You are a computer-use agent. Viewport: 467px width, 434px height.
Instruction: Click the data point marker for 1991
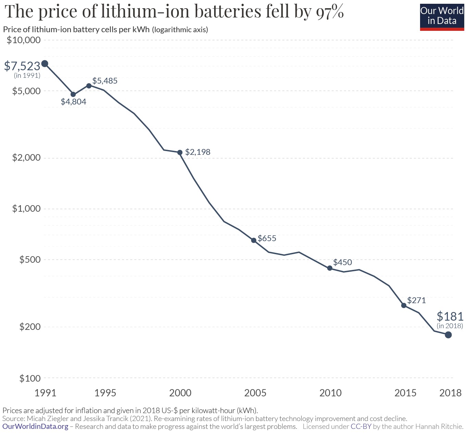pos(45,64)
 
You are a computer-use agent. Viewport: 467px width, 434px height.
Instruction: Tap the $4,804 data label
pos(73,102)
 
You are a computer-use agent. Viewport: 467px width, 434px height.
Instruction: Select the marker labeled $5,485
pos(89,86)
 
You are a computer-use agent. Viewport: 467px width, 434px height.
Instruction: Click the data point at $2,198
pos(180,152)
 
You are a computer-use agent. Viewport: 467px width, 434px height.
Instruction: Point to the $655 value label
pos(267,238)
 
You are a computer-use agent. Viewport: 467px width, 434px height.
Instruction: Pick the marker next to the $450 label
pos(330,268)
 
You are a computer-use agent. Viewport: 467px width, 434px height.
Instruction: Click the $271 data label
pos(416,300)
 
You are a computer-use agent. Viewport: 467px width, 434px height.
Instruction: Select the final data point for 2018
pos(448,335)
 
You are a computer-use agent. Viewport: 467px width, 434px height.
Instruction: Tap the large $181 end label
pos(450,316)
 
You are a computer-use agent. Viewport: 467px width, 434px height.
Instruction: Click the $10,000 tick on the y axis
pos(24,40)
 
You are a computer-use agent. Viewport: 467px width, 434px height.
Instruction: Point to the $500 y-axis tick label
pos(30,260)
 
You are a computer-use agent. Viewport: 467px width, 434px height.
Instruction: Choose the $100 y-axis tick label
pos(30,379)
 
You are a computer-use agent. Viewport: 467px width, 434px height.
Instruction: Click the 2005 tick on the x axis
pos(255,393)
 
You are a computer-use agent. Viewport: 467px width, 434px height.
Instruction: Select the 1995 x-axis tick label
pos(105,393)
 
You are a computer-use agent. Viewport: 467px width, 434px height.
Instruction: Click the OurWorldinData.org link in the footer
pos(35,427)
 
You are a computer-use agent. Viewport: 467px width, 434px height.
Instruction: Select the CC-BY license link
pos(361,427)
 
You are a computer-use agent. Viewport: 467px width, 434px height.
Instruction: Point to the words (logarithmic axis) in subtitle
pos(180,30)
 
